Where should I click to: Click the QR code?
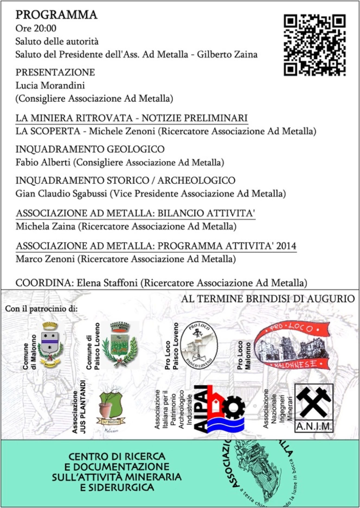click(314, 45)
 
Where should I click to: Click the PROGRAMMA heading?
click(56, 15)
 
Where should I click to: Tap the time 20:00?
click(45, 28)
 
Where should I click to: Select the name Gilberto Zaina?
click(227, 54)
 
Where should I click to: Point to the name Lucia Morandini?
click(50, 85)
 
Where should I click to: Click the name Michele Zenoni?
click(122, 131)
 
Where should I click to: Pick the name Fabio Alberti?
click(43, 162)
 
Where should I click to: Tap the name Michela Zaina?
click(45, 226)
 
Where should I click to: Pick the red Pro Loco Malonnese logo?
click(292, 346)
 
